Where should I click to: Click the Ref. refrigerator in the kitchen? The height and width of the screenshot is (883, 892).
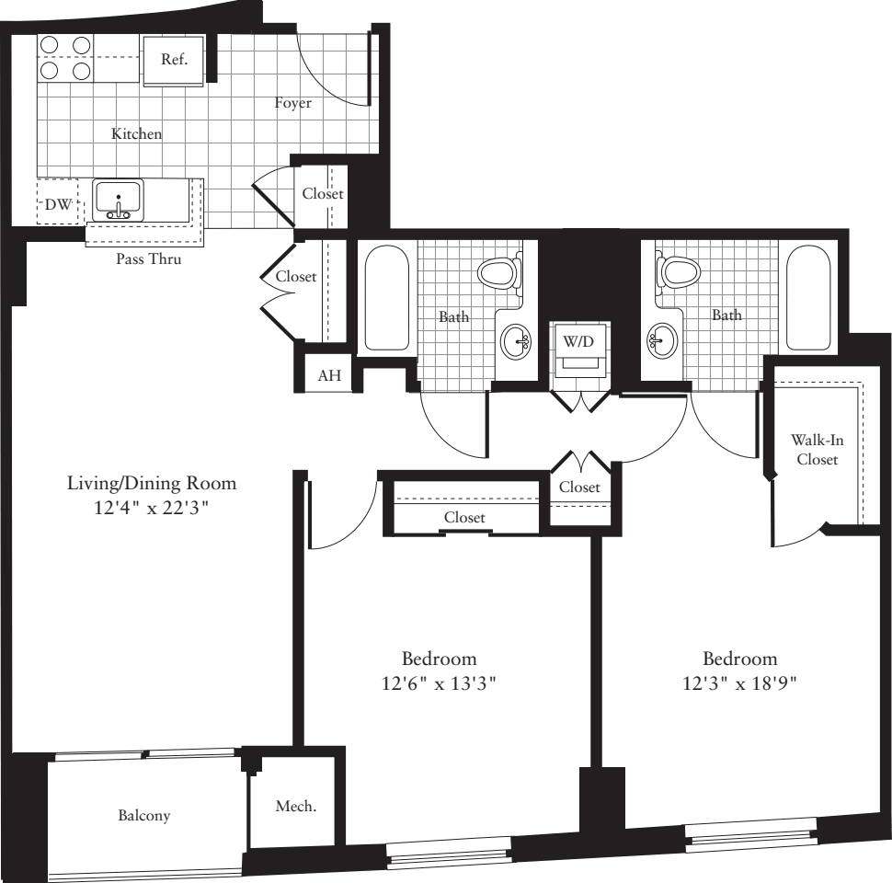click(174, 61)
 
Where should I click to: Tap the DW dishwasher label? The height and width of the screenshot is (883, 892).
click(58, 206)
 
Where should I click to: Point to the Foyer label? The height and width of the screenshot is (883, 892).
click(292, 103)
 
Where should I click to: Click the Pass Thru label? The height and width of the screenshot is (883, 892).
click(148, 259)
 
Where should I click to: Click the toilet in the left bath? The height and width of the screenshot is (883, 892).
click(498, 270)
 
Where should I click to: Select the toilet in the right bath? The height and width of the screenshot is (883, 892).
click(679, 270)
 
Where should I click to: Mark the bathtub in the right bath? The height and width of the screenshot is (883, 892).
click(809, 298)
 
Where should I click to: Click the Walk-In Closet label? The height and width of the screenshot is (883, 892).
click(817, 450)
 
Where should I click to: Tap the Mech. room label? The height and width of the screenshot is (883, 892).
click(296, 807)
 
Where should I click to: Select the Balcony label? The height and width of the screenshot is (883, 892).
click(144, 815)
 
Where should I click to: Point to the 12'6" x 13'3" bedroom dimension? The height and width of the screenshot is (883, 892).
click(439, 683)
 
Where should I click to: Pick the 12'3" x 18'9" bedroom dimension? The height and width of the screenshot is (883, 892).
click(739, 683)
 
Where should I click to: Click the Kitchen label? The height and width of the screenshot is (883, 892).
click(136, 134)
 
